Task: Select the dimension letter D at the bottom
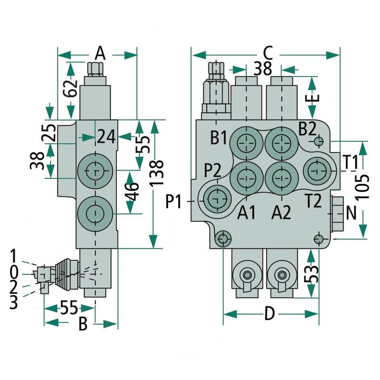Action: click(x=269, y=314)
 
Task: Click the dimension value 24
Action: click(x=106, y=137)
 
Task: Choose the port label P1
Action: click(x=175, y=202)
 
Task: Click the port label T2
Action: click(x=314, y=202)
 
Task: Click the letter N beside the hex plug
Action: click(x=351, y=213)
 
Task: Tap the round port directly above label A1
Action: click(x=246, y=177)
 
